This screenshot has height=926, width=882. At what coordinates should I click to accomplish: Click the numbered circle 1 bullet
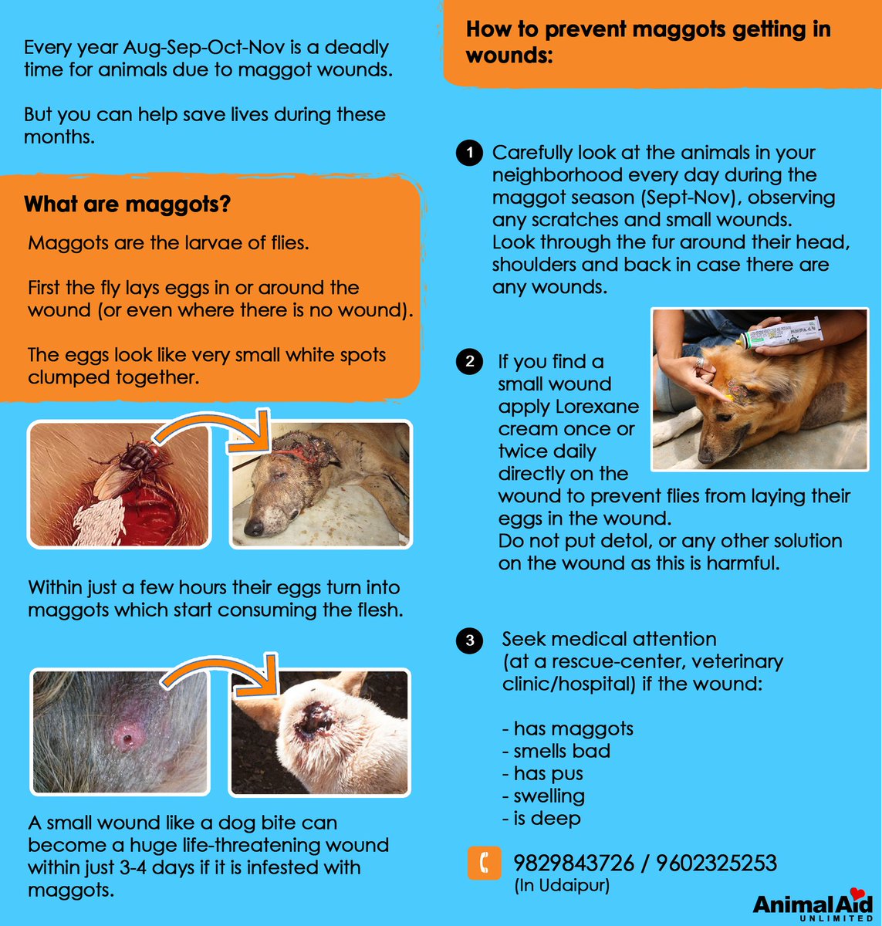[469, 153]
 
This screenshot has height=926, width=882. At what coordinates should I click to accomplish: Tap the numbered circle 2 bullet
[469, 361]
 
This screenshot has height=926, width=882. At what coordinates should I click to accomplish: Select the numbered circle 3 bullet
[469, 640]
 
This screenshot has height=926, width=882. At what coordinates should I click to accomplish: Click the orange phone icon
[485, 863]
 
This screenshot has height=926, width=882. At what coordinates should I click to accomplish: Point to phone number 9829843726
[573, 863]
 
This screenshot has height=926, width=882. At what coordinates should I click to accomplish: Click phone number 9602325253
[716, 863]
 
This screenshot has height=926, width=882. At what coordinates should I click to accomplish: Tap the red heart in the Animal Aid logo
[857, 894]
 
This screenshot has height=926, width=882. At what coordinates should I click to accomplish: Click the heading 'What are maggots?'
[127, 204]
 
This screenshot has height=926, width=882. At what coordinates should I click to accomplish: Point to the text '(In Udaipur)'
[562, 886]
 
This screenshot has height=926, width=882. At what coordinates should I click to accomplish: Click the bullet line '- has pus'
[542, 773]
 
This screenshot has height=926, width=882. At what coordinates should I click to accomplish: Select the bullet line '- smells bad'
[556, 751]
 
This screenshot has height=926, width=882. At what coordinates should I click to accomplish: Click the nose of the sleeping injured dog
[253, 528]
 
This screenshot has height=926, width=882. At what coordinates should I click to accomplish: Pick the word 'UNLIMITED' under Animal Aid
[836, 918]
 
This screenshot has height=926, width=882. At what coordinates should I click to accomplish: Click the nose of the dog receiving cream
[705, 455]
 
